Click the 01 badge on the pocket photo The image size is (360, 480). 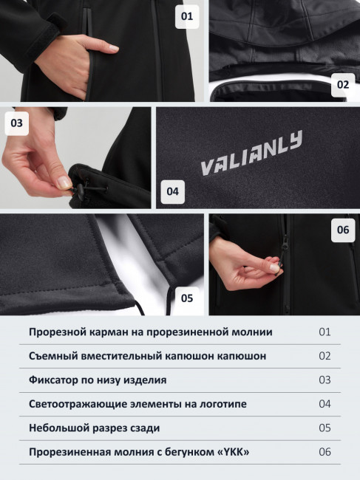pyautogui.click(x=187, y=16)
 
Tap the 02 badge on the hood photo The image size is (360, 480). pyautogui.click(x=343, y=85)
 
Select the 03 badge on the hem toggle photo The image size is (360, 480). pyautogui.click(x=16, y=123)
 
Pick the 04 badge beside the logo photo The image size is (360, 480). pyautogui.click(x=172, y=192)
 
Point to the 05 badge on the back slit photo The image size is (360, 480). pyautogui.click(x=187, y=298)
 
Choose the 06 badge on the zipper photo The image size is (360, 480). pyautogui.click(x=343, y=230)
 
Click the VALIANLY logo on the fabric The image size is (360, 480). pyautogui.click(x=251, y=153)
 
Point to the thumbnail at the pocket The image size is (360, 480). pyautogui.click(x=113, y=48)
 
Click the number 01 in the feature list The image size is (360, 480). pyautogui.click(x=325, y=332)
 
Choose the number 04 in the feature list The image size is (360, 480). pyautogui.click(x=325, y=404)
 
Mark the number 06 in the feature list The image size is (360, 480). pyautogui.click(x=325, y=452)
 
